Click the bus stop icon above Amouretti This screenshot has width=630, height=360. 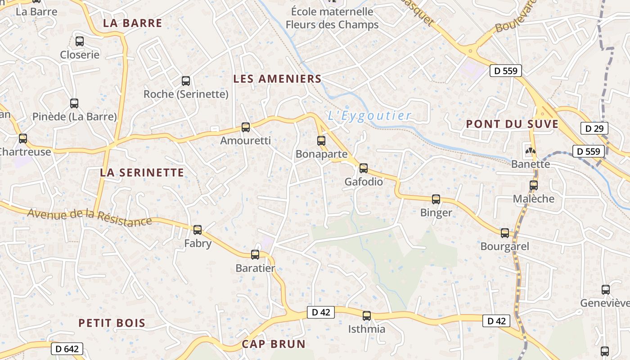click(246, 127)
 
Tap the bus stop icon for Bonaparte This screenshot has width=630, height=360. click(321, 141)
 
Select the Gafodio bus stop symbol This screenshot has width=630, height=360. click(364, 168)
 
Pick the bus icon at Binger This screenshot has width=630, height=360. click(436, 199)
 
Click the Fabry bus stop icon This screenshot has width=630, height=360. click(198, 230)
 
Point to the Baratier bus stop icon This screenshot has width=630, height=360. click(255, 255)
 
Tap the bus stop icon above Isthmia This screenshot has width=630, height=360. click(367, 316)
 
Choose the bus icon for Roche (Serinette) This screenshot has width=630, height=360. click(186, 81)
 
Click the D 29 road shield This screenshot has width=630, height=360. click(594, 128)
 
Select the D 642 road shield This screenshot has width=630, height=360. click(67, 349)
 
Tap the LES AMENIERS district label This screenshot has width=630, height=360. click(277, 79)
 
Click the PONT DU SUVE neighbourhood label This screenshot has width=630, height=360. click(512, 124)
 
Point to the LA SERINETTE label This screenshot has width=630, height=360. click(142, 172)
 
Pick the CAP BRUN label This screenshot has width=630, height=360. click(274, 344)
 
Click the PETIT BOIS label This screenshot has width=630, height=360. click(112, 323)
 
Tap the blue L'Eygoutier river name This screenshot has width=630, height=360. click(369, 116)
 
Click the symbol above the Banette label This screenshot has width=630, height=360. click(531, 150)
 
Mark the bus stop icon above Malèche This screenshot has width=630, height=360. click(534, 185)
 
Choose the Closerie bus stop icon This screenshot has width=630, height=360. click(80, 41)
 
